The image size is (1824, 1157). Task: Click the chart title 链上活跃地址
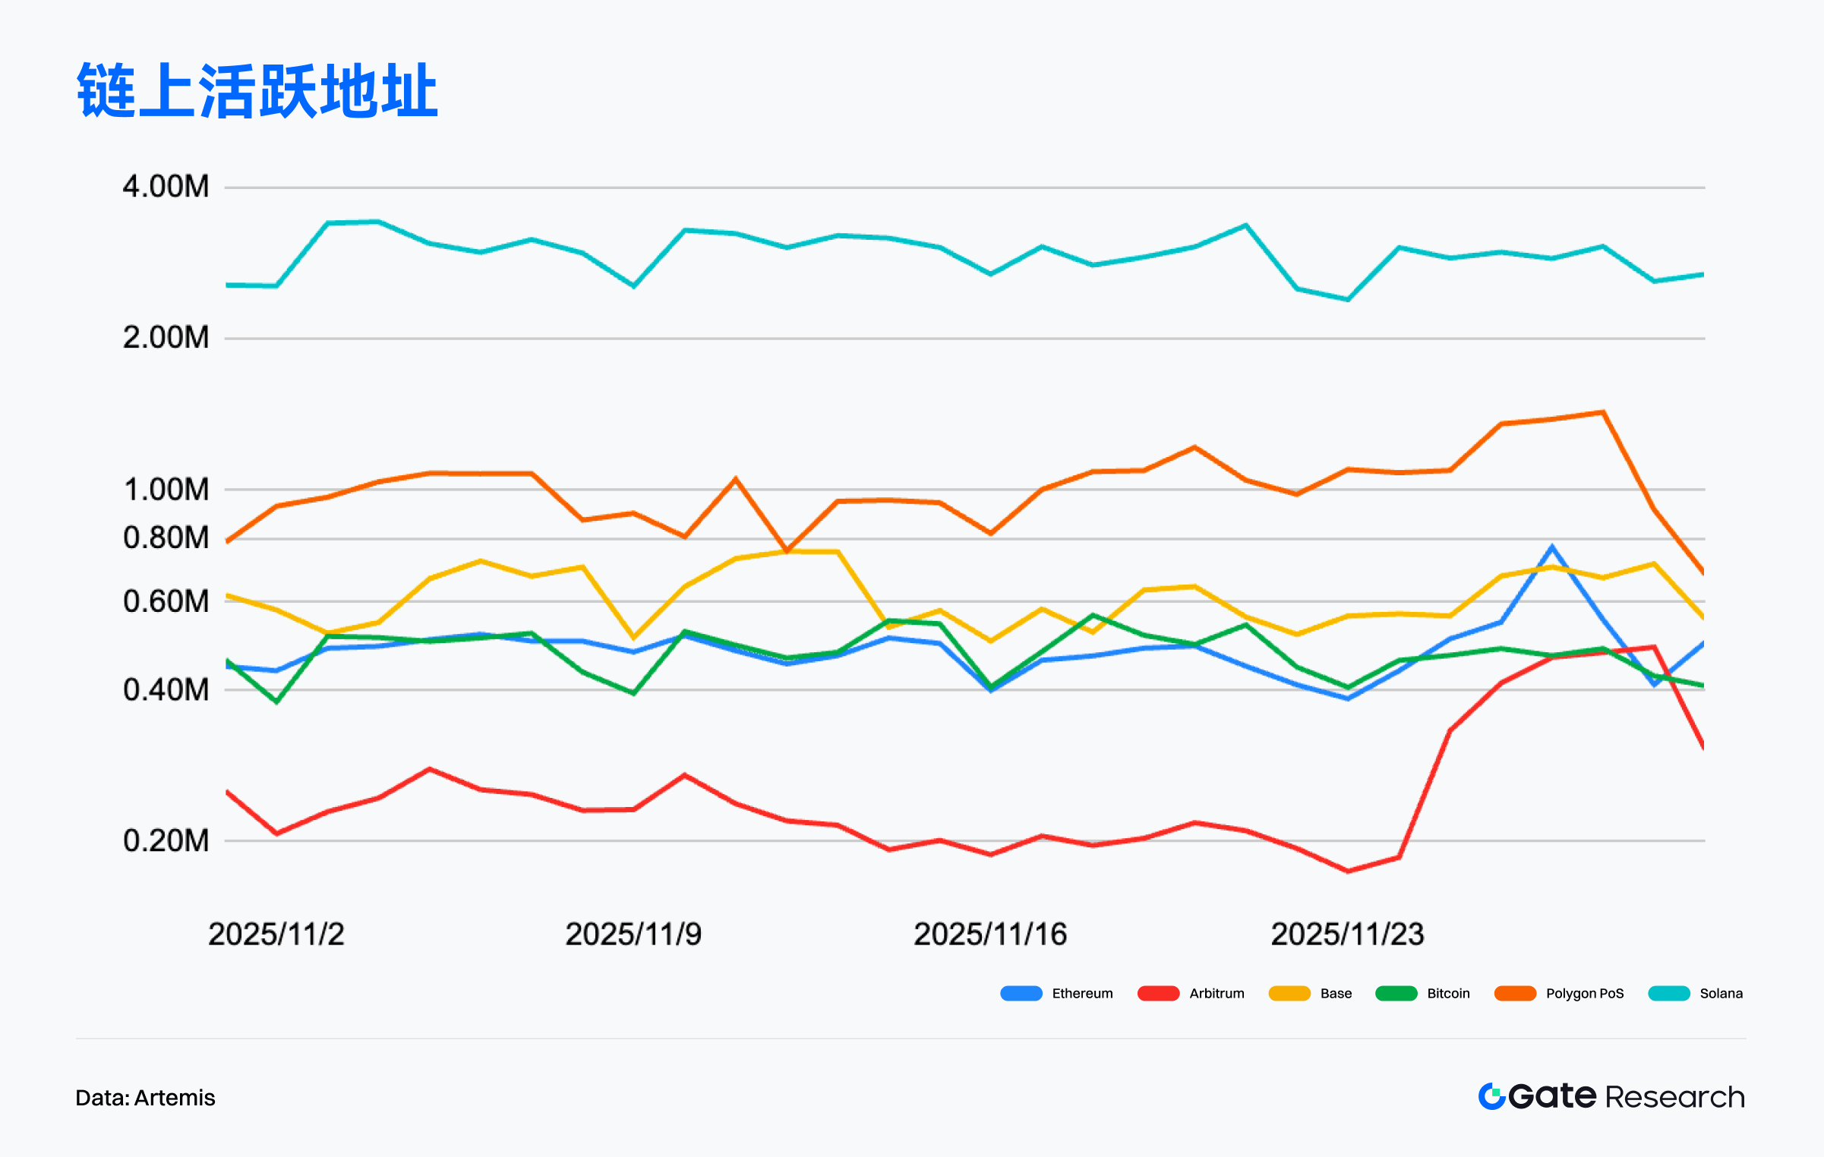click(257, 91)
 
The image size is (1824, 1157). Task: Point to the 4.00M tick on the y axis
click(166, 187)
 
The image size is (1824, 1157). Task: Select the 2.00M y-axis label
click(166, 338)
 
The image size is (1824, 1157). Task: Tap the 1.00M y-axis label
click(166, 490)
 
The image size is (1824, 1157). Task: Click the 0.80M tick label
click(166, 538)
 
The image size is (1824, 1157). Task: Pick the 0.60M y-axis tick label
click(166, 601)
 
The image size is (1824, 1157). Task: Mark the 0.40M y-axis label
click(166, 690)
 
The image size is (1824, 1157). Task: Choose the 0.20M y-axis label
click(166, 841)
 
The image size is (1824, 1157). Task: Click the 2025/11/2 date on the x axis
click(276, 935)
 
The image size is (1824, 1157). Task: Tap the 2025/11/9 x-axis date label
click(633, 935)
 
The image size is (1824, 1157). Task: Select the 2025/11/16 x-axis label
click(990, 935)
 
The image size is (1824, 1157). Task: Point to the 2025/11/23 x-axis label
click(1347, 935)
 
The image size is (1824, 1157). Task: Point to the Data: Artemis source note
click(145, 1098)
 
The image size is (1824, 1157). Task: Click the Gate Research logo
click(1611, 1097)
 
